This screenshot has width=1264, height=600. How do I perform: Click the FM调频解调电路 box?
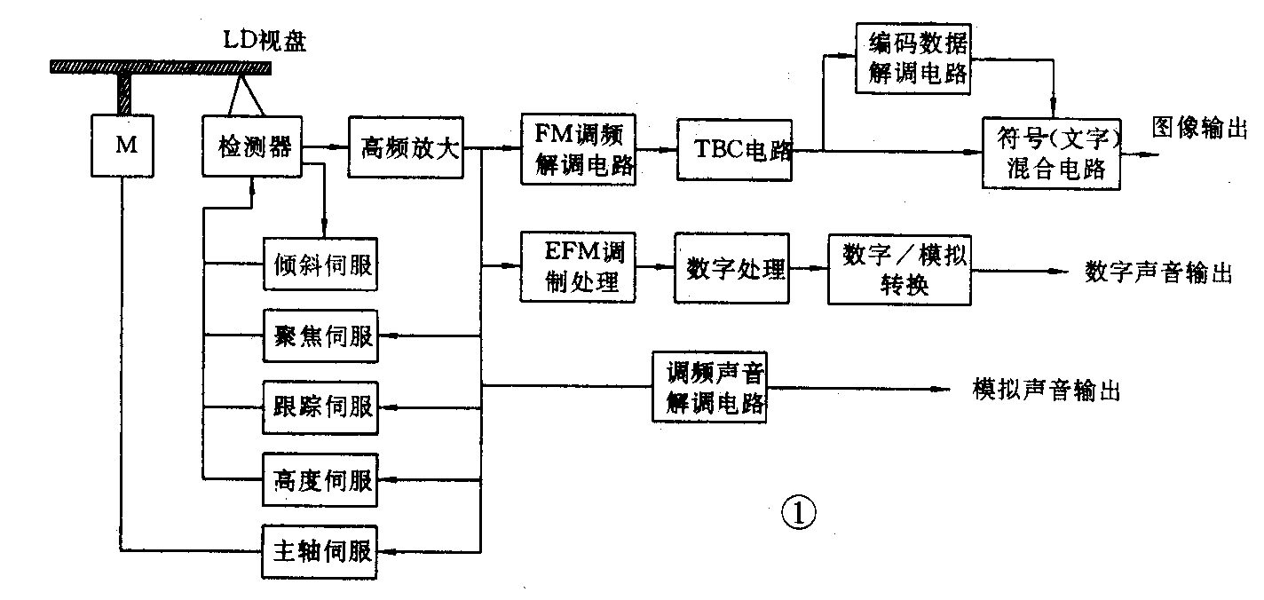tap(578, 149)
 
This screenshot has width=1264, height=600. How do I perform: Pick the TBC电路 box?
tap(734, 150)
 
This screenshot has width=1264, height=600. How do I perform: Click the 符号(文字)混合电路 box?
tap(1051, 154)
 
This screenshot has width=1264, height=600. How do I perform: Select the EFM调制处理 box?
tap(578, 268)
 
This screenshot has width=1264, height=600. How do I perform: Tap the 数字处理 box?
tap(735, 269)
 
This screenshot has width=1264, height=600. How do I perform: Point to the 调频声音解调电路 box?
tap(709, 387)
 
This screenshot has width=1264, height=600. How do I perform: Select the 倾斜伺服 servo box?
tap(320, 264)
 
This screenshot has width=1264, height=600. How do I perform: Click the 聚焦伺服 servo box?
tap(320, 337)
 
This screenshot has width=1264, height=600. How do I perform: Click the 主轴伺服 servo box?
tap(320, 551)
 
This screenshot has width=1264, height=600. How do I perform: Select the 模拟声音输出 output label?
tap(1047, 389)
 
